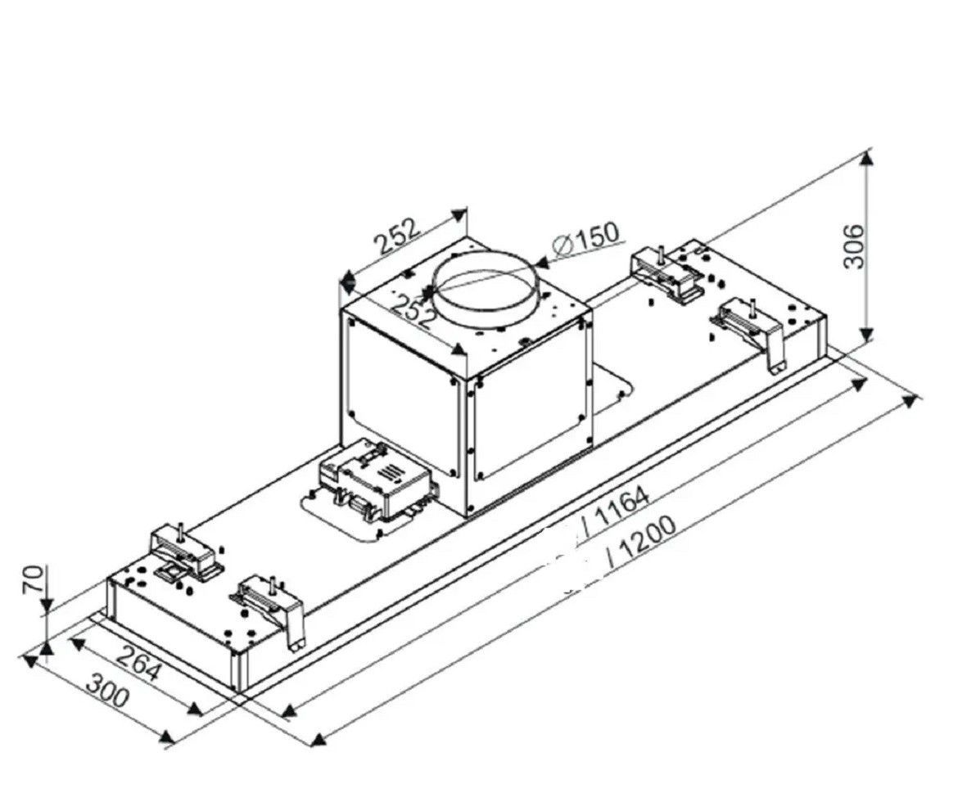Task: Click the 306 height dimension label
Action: click(853, 246)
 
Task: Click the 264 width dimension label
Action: click(138, 662)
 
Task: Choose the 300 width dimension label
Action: click(108, 688)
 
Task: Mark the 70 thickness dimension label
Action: click(33, 579)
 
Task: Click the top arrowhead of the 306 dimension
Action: click(866, 158)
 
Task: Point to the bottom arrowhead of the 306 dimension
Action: click(866, 335)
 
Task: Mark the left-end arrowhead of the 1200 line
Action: click(317, 740)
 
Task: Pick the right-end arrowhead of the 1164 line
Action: click(858, 385)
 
